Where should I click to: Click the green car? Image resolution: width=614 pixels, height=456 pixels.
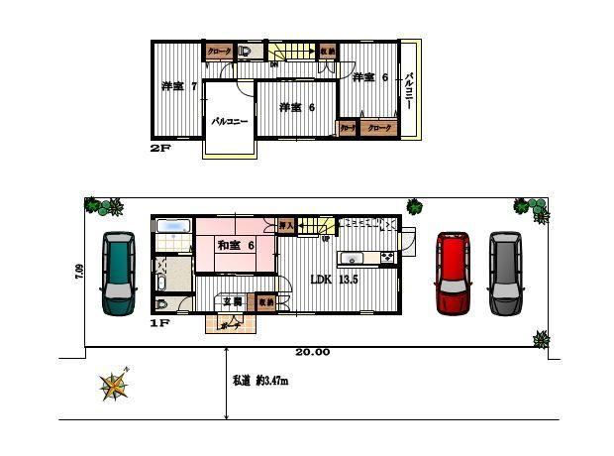[118, 273]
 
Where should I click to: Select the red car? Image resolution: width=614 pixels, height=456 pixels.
[453, 273]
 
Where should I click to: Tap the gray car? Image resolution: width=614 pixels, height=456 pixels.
[505, 273]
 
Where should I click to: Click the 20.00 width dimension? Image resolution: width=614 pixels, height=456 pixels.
[313, 353]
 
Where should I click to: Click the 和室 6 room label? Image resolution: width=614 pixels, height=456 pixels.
[237, 245]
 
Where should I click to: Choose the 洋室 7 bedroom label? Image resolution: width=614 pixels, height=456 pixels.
[178, 86]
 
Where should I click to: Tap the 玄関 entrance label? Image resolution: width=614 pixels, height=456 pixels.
[232, 301]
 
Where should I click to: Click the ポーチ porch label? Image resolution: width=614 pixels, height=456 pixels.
[231, 323]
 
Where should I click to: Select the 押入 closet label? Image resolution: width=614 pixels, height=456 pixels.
[286, 225]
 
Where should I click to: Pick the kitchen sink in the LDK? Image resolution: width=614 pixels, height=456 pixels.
[354, 260]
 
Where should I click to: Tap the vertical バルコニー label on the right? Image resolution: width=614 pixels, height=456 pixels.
[410, 90]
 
